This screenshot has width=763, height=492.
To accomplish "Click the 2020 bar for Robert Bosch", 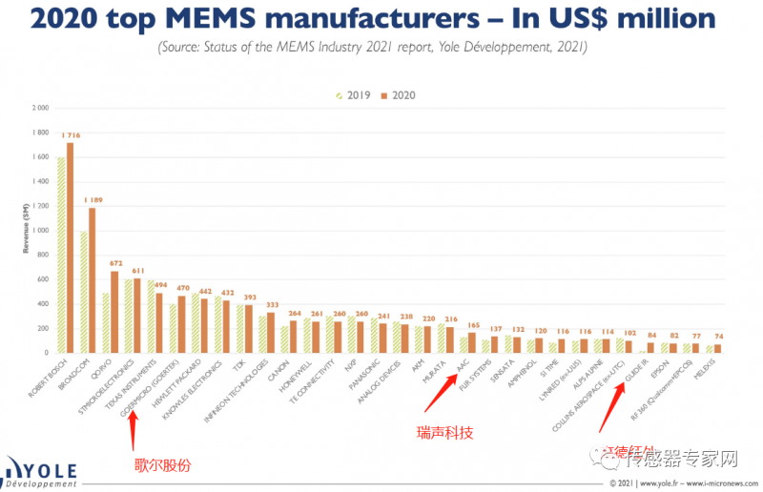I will tap(70, 248).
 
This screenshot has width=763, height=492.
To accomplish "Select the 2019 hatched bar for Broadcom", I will tap(84, 292).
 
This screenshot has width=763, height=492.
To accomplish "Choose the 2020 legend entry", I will tap(398, 95).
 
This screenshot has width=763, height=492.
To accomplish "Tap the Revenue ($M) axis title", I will tap(26, 230).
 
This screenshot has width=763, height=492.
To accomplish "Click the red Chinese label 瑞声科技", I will tap(445, 432).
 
